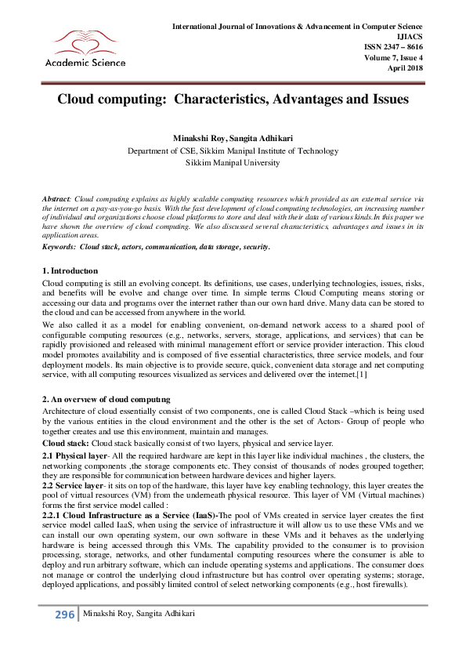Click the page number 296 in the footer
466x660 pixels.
click(64, 636)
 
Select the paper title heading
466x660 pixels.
click(233, 100)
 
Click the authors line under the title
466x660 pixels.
click(233, 138)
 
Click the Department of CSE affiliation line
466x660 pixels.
click(233, 152)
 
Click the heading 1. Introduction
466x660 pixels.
click(70, 270)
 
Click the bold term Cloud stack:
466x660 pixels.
click(65, 442)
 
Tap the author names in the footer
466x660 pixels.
click(129, 636)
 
